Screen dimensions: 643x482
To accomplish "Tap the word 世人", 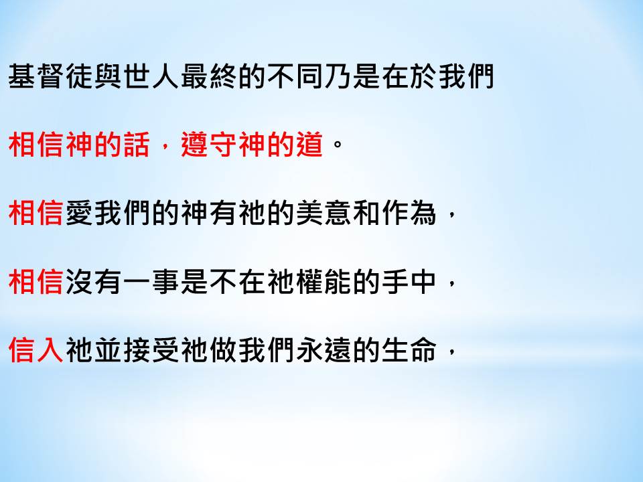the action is [151, 76].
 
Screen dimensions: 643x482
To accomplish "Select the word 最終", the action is [208, 76].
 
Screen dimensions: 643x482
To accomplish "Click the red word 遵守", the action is [208, 145].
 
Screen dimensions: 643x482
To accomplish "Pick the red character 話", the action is [137, 145].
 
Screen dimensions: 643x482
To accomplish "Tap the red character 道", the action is [309, 145].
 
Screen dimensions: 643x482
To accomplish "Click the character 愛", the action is [79, 213].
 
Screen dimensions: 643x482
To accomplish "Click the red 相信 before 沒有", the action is [36, 282].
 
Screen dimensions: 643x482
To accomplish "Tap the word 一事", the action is [151, 282].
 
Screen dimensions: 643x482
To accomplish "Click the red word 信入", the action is [36, 350].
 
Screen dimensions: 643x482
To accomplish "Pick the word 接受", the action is [151, 350].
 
